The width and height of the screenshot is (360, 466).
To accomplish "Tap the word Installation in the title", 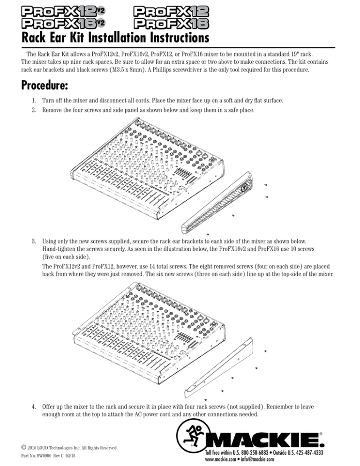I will tap(103, 36).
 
